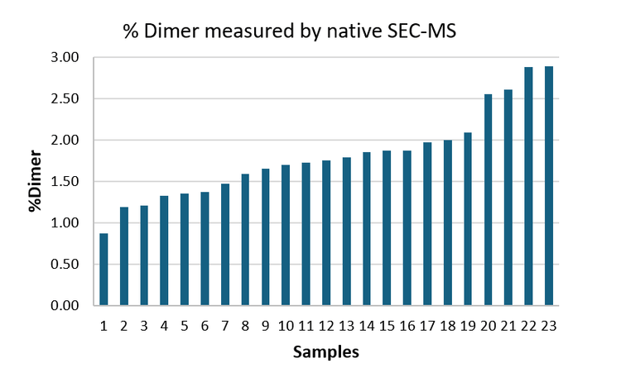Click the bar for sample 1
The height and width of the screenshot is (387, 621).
click(x=103, y=270)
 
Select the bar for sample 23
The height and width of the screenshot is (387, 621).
click(x=548, y=186)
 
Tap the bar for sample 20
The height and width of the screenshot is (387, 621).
click(x=488, y=200)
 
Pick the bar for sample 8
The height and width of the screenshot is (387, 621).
click(x=245, y=240)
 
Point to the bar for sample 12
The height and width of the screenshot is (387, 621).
click(x=326, y=233)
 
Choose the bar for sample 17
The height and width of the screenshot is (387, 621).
click(x=427, y=224)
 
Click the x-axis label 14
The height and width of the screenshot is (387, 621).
click(x=366, y=326)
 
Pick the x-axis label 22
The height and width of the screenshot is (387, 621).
click(x=528, y=326)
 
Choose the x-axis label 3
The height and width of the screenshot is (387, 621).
click(x=144, y=326)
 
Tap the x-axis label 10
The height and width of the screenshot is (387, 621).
click(x=286, y=326)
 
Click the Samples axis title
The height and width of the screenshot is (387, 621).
click(x=326, y=353)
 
